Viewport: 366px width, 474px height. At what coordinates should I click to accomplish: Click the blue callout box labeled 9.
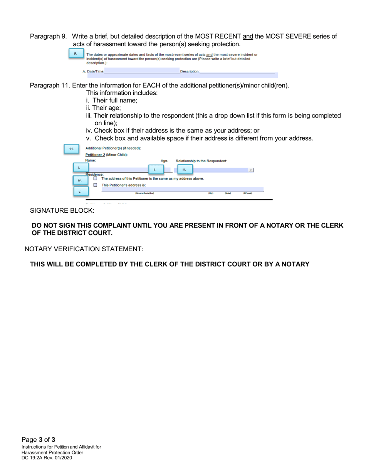click(76, 53)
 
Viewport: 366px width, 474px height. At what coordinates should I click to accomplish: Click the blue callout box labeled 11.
click(71, 149)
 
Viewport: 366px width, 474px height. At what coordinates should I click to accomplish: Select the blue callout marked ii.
click(155, 169)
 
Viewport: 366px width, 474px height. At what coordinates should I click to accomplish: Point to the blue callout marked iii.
click(184, 169)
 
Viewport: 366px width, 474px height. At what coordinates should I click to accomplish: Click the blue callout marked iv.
click(80, 180)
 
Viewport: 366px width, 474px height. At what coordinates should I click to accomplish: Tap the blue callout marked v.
click(80, 192)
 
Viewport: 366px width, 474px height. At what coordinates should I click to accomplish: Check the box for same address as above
click(95, 178)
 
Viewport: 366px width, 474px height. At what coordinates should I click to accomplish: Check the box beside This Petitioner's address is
click(95, 185)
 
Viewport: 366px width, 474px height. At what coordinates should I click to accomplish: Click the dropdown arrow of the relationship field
click(251, 170)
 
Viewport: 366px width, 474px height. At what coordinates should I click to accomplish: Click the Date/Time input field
click(141, 71)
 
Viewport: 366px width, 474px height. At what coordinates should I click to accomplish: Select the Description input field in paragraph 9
click(237, 71)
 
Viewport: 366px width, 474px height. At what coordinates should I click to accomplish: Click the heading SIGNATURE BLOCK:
click(62, 211)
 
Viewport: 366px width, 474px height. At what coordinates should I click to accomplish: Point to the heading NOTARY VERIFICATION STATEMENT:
click(84, 249)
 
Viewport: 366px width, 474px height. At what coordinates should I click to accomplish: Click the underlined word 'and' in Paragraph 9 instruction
click(248, 37)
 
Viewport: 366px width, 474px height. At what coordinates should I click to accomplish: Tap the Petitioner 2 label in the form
click(95, 155)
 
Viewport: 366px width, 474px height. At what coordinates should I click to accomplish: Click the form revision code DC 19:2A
click(37, 458)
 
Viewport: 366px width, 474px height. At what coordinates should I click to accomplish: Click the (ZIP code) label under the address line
click(247, 193)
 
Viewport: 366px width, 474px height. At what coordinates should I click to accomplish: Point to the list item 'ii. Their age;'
click(103, 108)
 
